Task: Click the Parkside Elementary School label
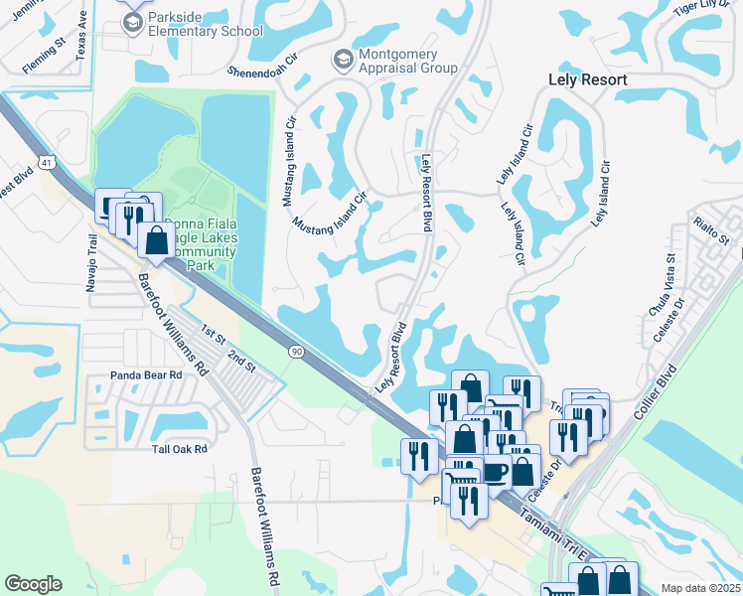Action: [x=206, y=26]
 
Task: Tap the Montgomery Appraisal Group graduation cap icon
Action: [x=344, y=61]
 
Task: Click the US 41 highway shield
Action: [x=47, y=161]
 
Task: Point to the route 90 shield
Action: [x=297, y=351]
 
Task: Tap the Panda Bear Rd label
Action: [x=146, y=375]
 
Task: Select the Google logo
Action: [x=33, y=584]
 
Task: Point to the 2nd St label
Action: [x=241, y=360]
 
